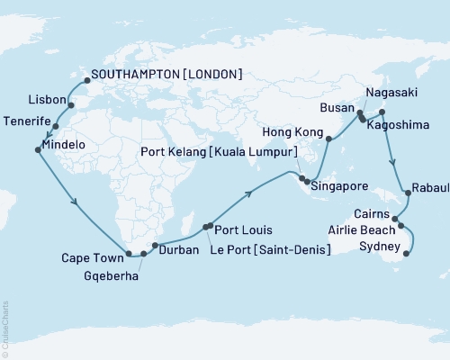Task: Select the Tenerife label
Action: coord(29,121)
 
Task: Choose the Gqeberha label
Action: coord(112,277)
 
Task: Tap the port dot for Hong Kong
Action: coord(328,139)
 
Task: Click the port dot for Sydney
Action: coord(406,254)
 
